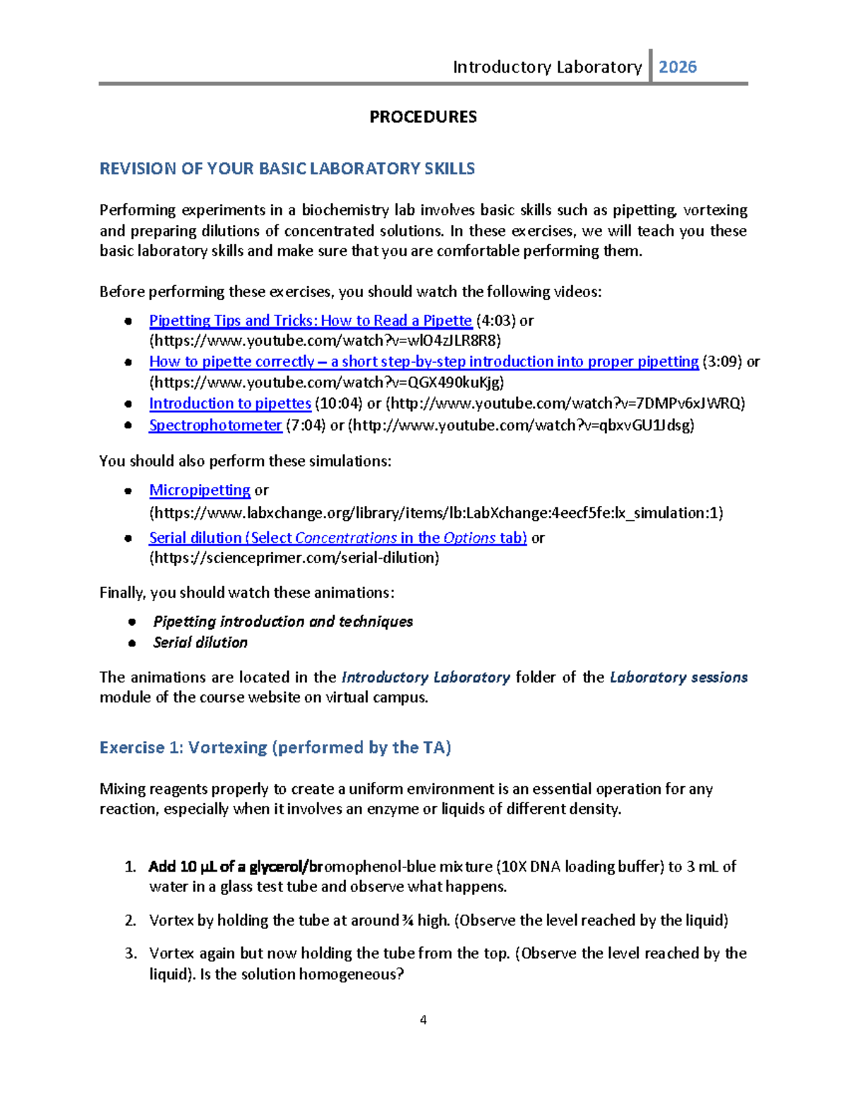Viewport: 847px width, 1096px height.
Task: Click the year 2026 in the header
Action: click(678, 67)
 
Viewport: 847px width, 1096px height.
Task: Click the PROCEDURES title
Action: click(423, 116)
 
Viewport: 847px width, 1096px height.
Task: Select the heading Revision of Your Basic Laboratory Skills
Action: click(287, 169)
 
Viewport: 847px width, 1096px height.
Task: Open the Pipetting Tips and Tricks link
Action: click(310, 320)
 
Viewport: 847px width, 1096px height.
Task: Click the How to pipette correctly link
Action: click(423, 361)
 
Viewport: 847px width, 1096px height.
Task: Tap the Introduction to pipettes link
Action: click(230, 403)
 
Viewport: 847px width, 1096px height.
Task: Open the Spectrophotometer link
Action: click(215, 425)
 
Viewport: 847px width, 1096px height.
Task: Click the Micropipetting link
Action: click(200, 490)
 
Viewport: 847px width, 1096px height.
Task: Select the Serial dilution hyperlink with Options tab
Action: click(337, 538)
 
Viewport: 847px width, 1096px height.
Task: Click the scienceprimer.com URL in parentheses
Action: click(294, 558)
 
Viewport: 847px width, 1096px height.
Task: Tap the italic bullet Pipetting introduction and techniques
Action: click(282, 621)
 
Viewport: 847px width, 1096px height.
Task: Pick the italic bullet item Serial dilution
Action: click(200, 642)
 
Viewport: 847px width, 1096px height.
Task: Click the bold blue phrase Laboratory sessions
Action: click(678, 677)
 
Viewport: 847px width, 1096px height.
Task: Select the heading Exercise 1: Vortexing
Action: click(275, 747)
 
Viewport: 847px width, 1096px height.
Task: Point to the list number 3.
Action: click(131, 953)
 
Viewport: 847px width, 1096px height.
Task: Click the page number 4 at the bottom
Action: click(423, 1019)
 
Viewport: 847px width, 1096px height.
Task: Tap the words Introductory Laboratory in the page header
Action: click(547, 67)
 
